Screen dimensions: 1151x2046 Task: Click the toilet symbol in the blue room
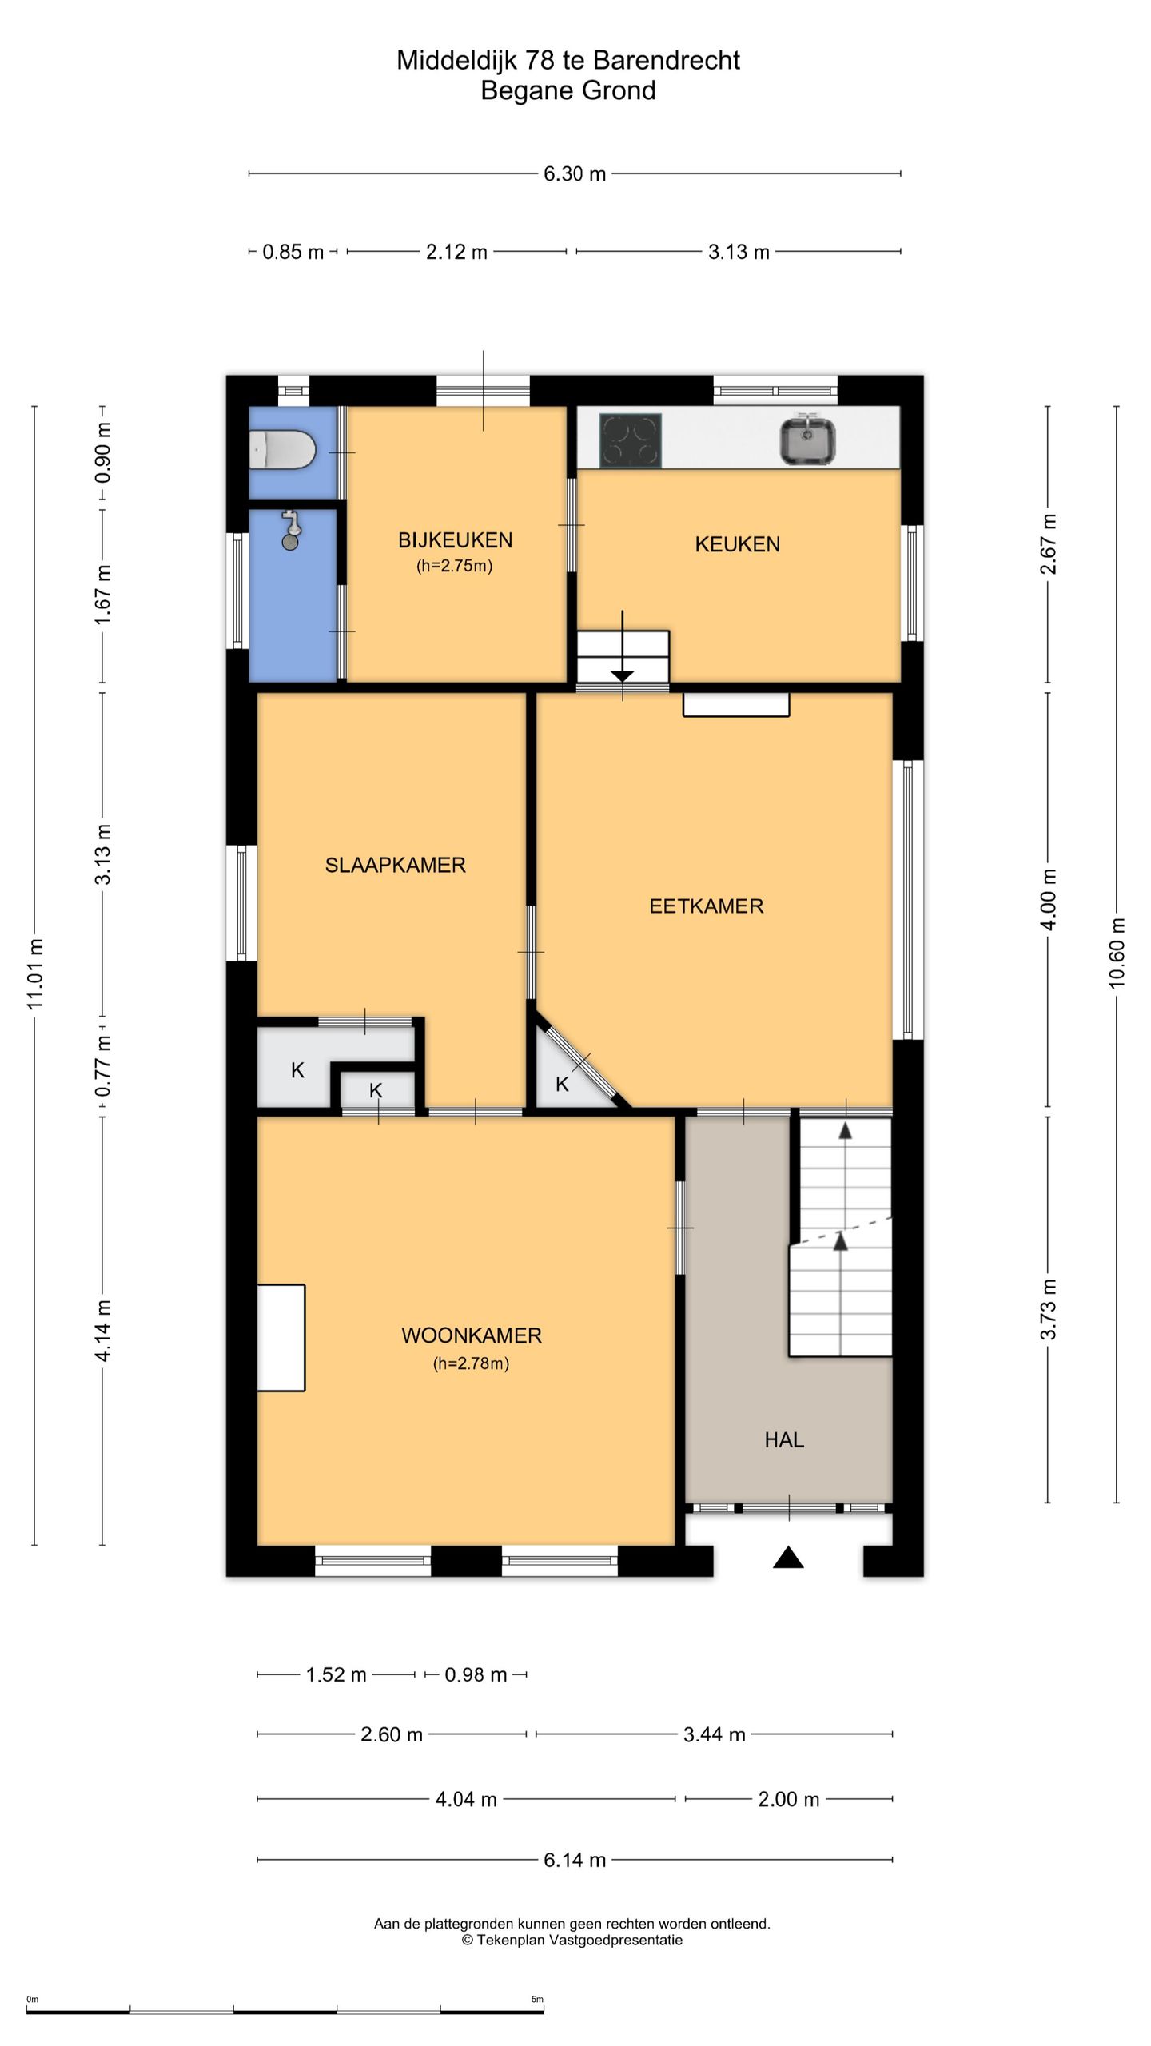281,451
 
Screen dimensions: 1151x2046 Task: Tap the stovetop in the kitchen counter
631,440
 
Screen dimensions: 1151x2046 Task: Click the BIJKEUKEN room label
455,540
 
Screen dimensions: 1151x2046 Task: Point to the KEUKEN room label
737,544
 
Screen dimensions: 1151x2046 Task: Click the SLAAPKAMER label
395,865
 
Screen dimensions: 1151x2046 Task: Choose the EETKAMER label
706,906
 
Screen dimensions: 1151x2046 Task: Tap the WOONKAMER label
472,1335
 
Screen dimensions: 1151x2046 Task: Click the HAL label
784,1440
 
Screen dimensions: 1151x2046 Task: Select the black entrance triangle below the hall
788,1558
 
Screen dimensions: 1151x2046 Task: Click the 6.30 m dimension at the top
575,173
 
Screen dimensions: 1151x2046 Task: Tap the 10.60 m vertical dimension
1117,953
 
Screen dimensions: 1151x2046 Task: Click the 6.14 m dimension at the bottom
575,1860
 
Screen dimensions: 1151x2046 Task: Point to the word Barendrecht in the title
667,60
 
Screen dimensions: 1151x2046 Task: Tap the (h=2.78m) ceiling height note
472,1364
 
